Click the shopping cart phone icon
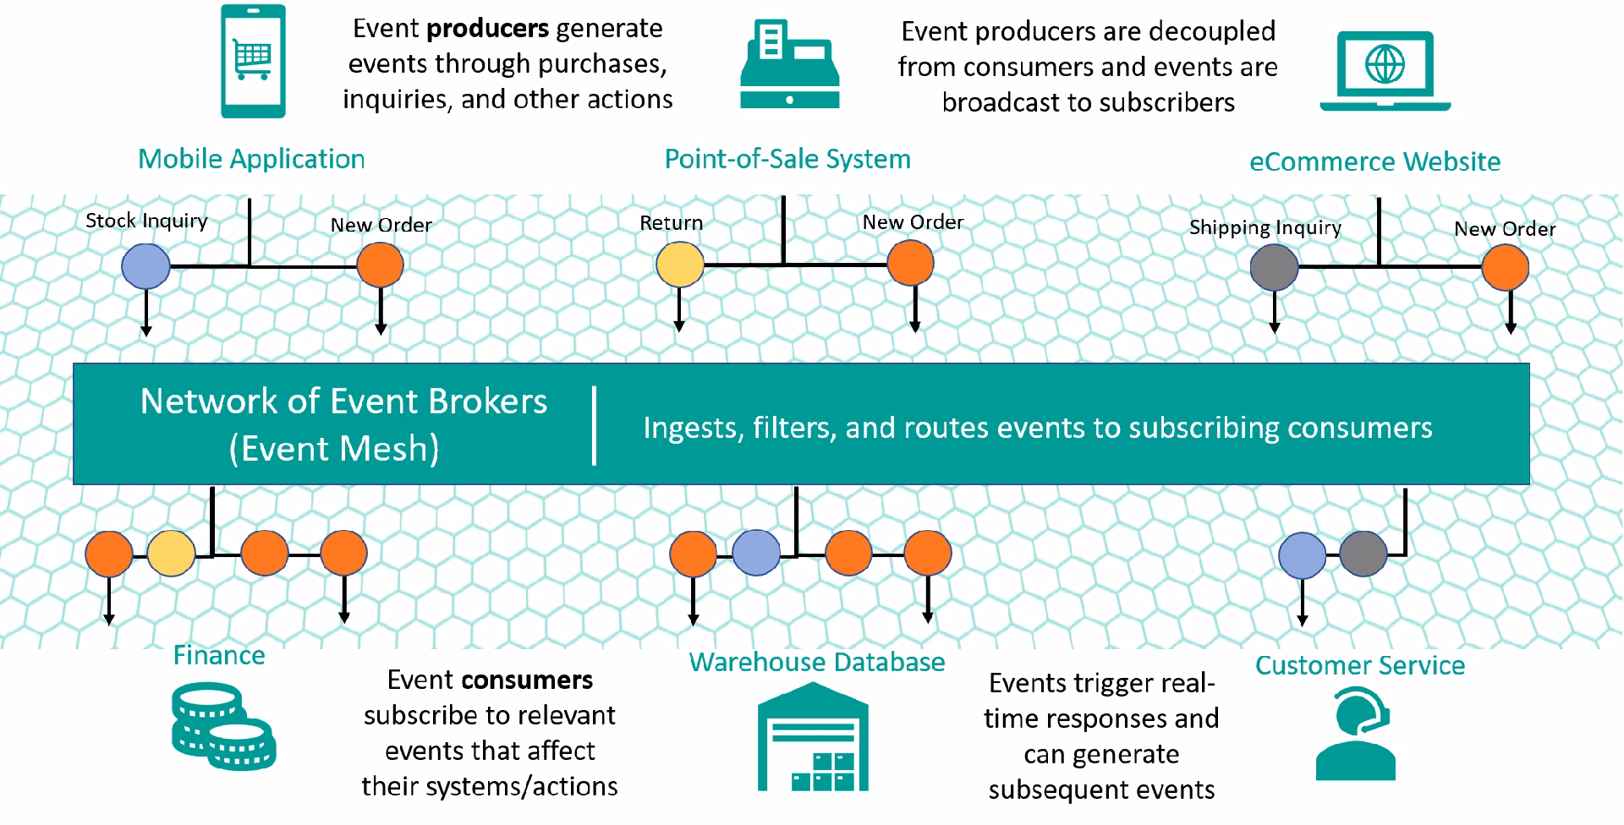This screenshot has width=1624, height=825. tap(253, 61)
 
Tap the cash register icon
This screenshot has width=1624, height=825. tap(789, 65)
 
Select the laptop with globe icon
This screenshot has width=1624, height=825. tap(1385, 71)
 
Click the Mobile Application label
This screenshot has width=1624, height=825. tap(251, 159)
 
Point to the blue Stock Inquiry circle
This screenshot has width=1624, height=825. tap(145, 266)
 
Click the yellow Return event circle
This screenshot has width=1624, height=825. tap(680, 265)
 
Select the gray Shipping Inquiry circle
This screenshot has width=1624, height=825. tap(1274, 267)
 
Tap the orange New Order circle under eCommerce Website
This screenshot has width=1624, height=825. tap(1505, 267)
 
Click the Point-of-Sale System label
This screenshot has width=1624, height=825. tap(787, 159)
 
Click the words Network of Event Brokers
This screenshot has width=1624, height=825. tap(343, 402)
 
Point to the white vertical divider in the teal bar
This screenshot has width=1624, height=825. tap(595, 425)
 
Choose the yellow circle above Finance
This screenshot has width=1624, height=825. tap(172, 554)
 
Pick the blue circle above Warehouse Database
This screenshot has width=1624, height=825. tap(756, 554)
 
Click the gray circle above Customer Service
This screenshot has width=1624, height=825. tap(1363, 554)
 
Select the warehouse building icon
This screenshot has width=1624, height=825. tap(813, 736)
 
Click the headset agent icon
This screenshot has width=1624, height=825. tap(1356, 733)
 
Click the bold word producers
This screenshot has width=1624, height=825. tap(487, 29)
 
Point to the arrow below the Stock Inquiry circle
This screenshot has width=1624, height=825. tap(146, 313)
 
